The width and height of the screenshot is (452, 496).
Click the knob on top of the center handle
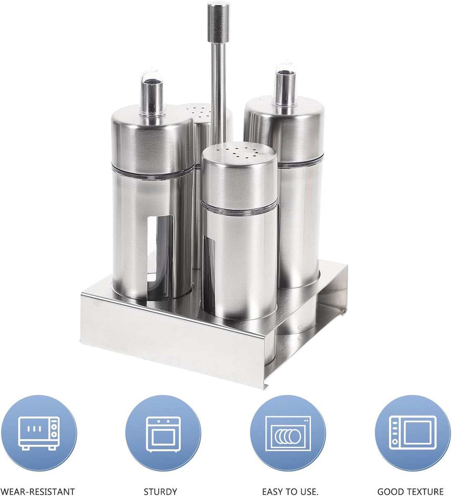(218, 22)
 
